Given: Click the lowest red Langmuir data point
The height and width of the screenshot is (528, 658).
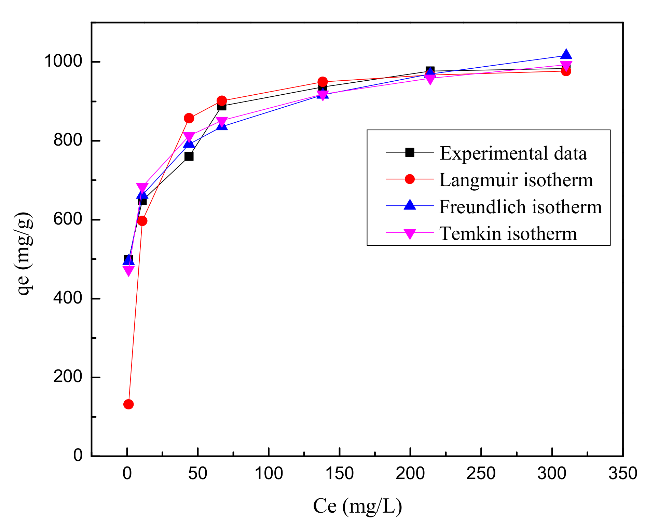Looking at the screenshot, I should [x=128, y=404].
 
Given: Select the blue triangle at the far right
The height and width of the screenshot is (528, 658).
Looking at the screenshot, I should [x=566, y=54].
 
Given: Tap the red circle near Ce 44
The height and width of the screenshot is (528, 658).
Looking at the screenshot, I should [x=189, y=118].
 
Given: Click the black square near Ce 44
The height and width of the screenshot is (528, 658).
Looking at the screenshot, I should [x=189, y=157].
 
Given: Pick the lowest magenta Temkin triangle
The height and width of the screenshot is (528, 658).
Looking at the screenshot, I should [x=128, y=271].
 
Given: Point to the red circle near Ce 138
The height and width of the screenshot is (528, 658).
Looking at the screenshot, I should [x=323, y=82].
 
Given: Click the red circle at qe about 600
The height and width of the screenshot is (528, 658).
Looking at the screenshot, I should [x=142, y=221].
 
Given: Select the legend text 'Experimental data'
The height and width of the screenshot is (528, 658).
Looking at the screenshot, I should [x=513, y=153].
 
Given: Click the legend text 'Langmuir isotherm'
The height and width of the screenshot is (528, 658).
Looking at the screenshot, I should [x=516, y=180].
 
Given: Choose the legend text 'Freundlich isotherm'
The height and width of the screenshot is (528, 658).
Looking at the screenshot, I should [x=520, y=207].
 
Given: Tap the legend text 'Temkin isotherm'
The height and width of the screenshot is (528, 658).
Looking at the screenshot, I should [x=508, y=233].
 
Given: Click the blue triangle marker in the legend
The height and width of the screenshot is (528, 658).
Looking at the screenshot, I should [x=410, y=205].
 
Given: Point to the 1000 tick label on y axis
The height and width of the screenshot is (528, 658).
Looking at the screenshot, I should [x=64, y=61].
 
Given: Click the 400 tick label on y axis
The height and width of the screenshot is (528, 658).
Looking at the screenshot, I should [x=68, y=298].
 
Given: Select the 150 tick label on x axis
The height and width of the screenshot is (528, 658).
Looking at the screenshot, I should [x=339, y=474].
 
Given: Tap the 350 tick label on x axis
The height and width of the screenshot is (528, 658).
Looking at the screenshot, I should [x=622, y=474].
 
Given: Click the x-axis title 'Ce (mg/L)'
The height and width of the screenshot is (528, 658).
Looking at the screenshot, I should [x=357, y=506].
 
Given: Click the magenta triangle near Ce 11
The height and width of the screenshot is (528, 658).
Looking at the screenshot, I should [x=142, y=188].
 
